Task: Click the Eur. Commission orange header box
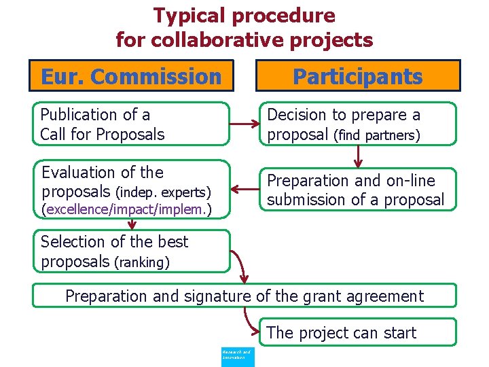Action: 131,76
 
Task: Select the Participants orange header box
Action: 357,76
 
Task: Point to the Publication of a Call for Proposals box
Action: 131,124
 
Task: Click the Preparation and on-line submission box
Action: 359,190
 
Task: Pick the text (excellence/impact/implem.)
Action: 126,211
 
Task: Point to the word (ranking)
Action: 141,262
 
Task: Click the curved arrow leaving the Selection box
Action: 240,268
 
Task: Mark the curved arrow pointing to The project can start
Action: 251,323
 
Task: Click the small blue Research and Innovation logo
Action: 238,355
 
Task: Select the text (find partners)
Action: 376,135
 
